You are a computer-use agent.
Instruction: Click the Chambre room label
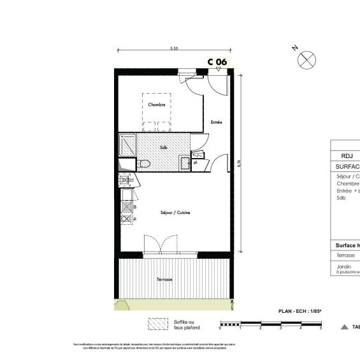(157, 104)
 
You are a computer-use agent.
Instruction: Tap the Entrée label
(217, 122)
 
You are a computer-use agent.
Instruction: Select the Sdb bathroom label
(164, 148)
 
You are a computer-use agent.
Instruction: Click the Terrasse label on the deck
(164, 279)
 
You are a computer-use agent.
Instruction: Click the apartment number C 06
(217, 62)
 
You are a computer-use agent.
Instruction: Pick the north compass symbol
(307, 60)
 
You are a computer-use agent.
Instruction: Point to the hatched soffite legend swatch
(156, 325)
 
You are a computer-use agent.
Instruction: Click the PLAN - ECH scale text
(300, 311)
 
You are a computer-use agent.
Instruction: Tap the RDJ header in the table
(347, 155)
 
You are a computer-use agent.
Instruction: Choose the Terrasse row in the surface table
(346, 255)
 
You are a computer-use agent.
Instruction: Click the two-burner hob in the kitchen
(126, 219)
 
